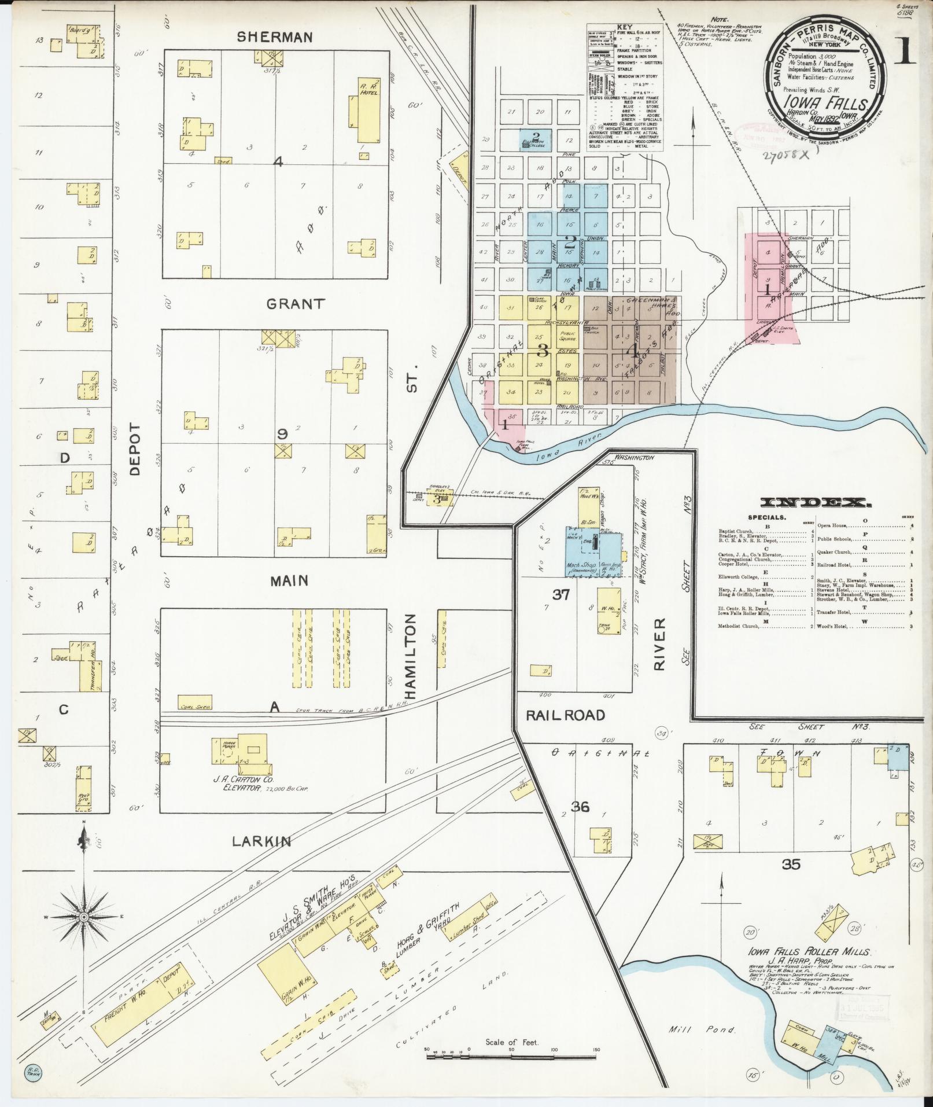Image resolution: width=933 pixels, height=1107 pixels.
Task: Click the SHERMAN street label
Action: (x=275, y=37)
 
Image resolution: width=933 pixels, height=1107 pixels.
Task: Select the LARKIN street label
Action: (x=261, y=841)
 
